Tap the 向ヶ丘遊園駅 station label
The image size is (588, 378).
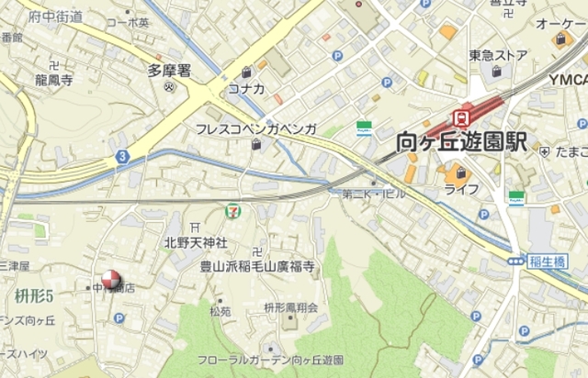pos(461,142)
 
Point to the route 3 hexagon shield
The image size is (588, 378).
pos(121,157)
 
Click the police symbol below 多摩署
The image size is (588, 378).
pos(169,88)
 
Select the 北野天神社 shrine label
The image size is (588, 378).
pos(196,243)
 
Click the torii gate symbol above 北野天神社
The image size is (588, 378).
pos(194,227)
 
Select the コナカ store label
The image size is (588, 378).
pos(247,88)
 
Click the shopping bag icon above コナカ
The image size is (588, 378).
pos(247,72)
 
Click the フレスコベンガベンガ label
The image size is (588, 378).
pos(256,129)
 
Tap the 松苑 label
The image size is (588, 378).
pos(220,311)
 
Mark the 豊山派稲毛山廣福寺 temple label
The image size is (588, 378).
pos(257,267)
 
